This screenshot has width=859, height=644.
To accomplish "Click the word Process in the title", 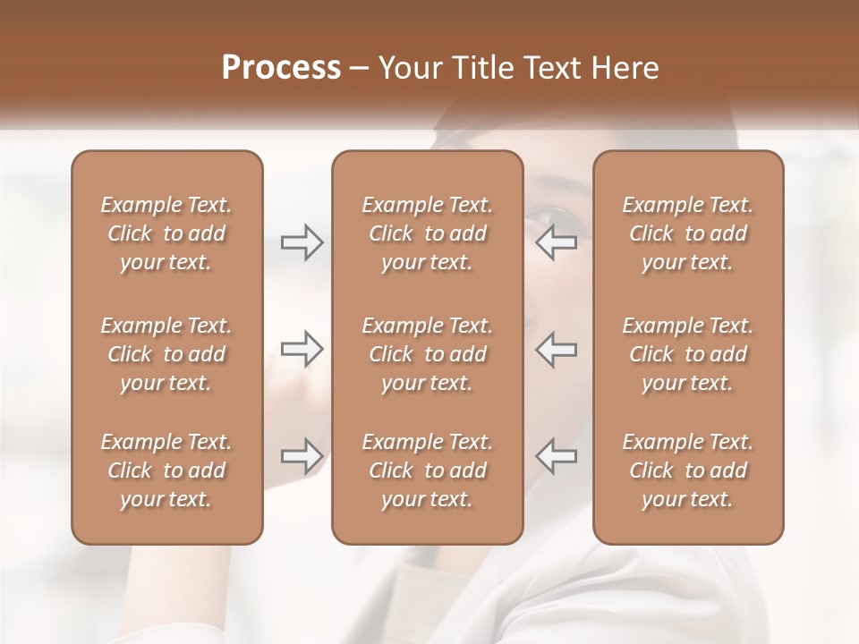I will coord(281,68).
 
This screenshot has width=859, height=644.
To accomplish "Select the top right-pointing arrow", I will coord(302,242).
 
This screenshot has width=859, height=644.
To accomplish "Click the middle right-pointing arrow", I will coord(302,349).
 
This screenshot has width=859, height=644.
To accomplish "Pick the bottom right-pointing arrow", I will coord(302,455).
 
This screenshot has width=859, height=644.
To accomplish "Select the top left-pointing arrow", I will coord(557,242).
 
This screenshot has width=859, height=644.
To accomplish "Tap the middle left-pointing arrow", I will coord(557,349).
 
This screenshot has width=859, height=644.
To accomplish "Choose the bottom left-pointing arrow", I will coord(557,455).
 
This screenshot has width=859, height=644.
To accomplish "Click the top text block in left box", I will coord(166,233).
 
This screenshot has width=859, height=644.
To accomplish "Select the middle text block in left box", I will coord(166,354).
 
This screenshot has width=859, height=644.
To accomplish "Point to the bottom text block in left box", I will coord(166,470).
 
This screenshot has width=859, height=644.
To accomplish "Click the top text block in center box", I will coord(428,233).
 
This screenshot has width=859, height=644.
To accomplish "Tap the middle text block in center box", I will coord(428,354).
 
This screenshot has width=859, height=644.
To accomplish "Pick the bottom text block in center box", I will coord(428,470).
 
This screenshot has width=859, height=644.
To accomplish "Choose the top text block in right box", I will coord(688,233).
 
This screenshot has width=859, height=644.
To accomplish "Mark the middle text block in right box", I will coord(688,354).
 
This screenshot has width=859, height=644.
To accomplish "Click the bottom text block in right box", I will coord(688,470).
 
